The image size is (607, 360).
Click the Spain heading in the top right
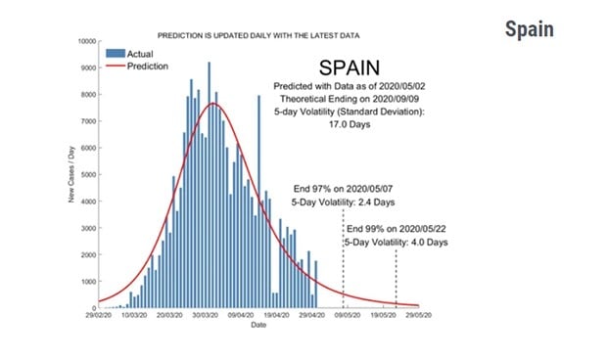click(x=529, y=28)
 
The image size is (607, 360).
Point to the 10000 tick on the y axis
click(x=84, y=42)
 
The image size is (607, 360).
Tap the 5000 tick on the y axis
click(x=86, y=175)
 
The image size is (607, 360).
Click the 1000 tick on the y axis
click(x=86, y=282)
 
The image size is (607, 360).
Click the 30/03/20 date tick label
click(x=205, y=316)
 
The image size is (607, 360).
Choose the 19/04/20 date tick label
click(x=276, y=316)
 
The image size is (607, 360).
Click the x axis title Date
click(x=257, y=325)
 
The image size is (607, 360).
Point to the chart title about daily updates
click(x=258, y=34)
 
